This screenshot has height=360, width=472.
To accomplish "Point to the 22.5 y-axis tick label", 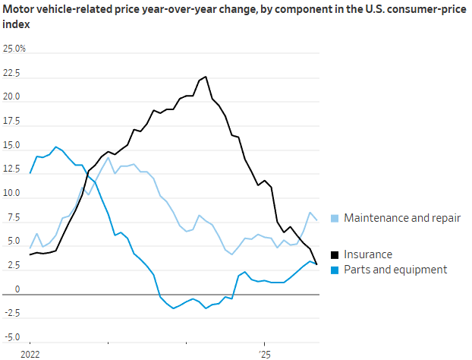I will click(11, 74).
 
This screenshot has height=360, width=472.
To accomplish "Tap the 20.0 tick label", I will click(12, 99).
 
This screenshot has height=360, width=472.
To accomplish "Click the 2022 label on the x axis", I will click(30, 354).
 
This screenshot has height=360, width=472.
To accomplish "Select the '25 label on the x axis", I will click(263, 354).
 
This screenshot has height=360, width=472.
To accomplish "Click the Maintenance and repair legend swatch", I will click(335, 219).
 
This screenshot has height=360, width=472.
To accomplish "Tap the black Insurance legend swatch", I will click(335, 254).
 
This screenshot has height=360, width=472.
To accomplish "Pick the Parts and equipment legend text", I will click(395, 269).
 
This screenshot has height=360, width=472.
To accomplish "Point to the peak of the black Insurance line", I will click(206, 77).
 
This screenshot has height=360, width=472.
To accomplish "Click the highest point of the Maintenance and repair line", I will click(109, 158).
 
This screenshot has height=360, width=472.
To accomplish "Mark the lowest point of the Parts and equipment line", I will click(174, 308).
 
